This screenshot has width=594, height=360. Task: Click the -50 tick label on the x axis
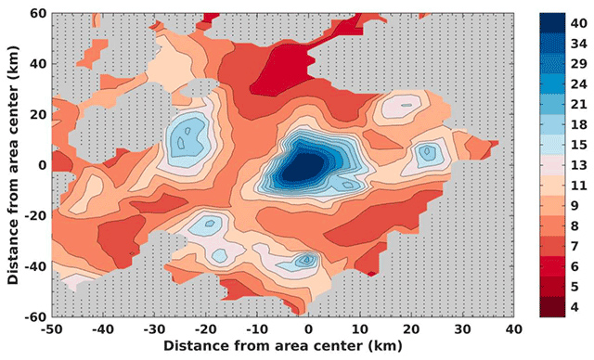pyautogui.click(x=52, y=328)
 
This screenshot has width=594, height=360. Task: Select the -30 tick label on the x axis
pyautogui.click(x=155, y=328)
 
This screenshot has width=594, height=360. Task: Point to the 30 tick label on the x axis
pyautogui.click(x=461, y=328)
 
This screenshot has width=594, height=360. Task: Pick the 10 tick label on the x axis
pyautogui.click(x=359, y=328)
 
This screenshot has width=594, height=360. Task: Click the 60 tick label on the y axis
pyautogui.click(x=37, y=15)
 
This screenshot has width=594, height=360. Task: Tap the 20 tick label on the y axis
pyautogui.click(x=37, y=115)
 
